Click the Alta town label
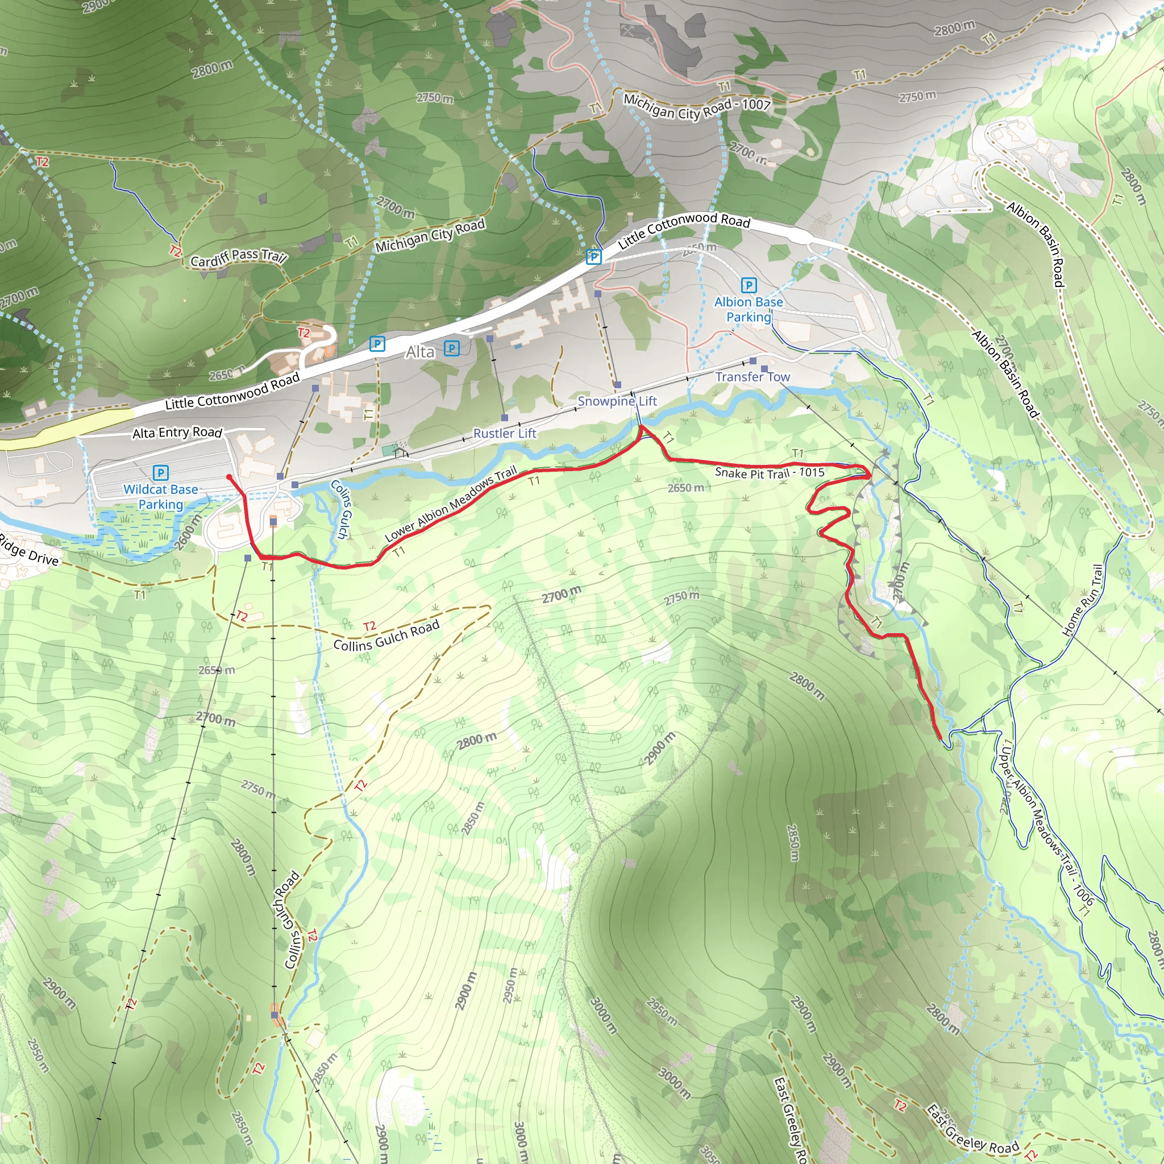pos(420,352)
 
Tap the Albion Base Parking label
pos(749,309)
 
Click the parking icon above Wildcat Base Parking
pos(160,472)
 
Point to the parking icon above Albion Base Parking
pos(749,285)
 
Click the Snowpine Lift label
pos(617,401)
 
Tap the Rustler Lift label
pos(504,433)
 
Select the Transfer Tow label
pos(753,377)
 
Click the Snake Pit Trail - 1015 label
pos(770,473)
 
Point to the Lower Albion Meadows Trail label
pos(451,504)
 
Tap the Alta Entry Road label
pos(177,433)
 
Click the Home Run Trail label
pos(1082,600)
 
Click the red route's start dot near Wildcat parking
pos(229,477)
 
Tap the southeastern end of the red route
pos(940,738)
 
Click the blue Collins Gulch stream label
pos(340,509)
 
